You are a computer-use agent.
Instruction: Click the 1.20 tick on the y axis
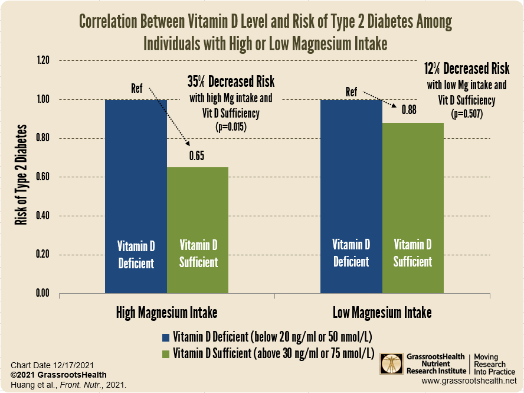pyautogui.click(x=42, y=60)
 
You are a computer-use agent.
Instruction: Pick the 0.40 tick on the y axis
pyautogui.click(x=42, y=216)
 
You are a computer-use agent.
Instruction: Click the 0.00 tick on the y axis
pyautogui.click(x=42, y=293)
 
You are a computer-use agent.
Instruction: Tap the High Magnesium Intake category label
pyautogui.click(x=166, y=312)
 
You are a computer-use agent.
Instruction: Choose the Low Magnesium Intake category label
pyautogui.click(x=382, y=312)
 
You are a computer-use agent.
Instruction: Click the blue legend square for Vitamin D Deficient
pyautogui.click(x=166, y=337)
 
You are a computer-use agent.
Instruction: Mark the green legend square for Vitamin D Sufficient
pyautogui.click(x=166, y=353)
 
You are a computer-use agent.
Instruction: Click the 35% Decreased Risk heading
pyautogui.click(x=231, y=81)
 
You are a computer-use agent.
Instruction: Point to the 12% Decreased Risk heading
pyautogui.click(x=467, y=68)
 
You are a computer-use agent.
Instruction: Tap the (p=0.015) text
pyautogui.click(x=231, y=126)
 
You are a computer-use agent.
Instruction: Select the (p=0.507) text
pyautogui.click(x=467, y=114)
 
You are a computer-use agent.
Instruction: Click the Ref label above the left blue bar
pyautogui.click(x=136, y=89)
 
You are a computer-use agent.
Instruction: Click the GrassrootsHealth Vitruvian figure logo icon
pyautogui.click(x=389, y=364)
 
